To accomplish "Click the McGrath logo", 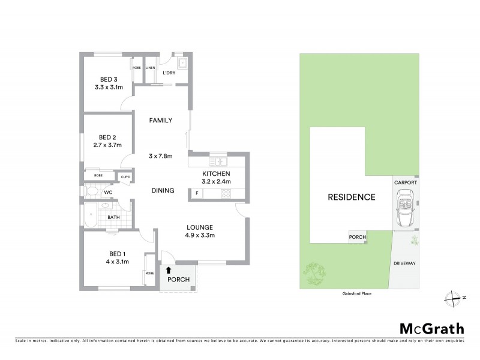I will (x=432, y=328).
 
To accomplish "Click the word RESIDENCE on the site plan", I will (x=352, y=197).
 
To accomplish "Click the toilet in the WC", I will (x=91, y=192).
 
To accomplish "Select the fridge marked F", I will (x=197, y=193).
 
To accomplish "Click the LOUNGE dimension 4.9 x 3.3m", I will (x=200, y=235).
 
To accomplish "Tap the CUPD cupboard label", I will (x=126, y=177).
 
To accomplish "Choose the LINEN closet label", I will (x=150, y=68).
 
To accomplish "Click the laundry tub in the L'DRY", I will (x=182, y=62).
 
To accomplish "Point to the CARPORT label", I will (x=406, y=182).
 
